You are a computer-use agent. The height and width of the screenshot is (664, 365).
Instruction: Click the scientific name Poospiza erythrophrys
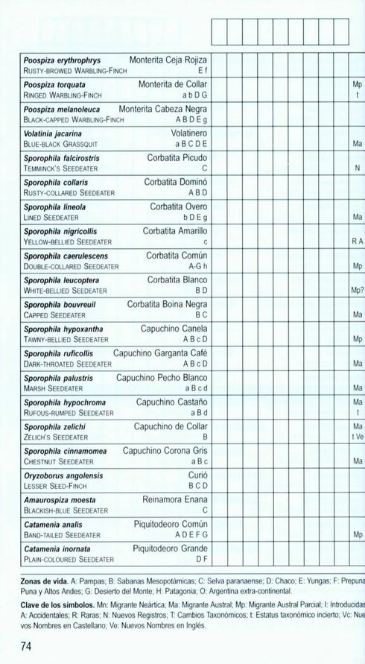point(62,60)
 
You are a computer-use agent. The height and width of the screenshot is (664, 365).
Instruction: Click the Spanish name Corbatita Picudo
point(177,158)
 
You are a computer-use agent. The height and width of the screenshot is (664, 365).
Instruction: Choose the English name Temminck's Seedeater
point(64,168)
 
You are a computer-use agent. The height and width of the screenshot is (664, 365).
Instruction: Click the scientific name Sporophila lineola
point(54,206)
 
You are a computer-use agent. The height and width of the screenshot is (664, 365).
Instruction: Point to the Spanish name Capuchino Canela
point(174,329)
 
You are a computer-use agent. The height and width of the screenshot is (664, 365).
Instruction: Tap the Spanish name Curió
point(197,475)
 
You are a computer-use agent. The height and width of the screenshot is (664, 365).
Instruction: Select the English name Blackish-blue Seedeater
point(66,510)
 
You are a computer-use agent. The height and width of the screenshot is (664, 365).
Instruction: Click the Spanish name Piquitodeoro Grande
point(171,548)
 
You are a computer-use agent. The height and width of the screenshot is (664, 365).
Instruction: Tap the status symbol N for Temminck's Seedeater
point(358,168)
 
